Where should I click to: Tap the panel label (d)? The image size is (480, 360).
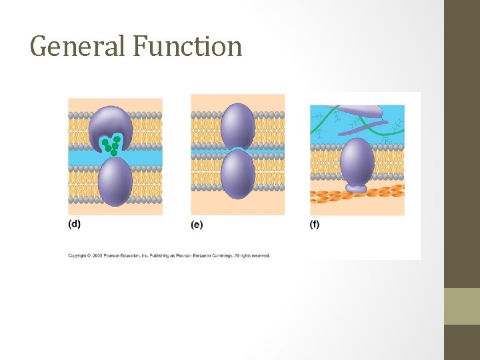[x=74, y=224]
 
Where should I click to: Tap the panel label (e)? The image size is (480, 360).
[x=197, y=225]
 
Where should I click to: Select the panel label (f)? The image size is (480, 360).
[x=315, y=224]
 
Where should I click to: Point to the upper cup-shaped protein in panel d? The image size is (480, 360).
[x=111, y=123]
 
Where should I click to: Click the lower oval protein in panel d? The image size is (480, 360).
[x=115, y=181]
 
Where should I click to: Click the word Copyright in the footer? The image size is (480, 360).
[x=77, y=255]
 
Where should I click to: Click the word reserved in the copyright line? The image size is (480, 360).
[x=260, y=255]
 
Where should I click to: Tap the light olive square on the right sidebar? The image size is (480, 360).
[x=462, y=306]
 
